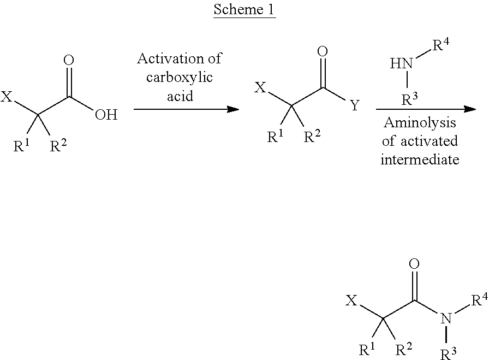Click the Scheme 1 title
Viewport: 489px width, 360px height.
tap(244, 10)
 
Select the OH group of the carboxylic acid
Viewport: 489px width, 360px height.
tap(106, 115)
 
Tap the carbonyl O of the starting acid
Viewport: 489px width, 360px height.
tap(69, 61)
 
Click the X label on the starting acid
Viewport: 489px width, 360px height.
tap(7, 98)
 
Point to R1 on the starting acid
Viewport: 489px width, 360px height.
tap(22, 146)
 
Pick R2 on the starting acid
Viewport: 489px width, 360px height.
tap(58, 146)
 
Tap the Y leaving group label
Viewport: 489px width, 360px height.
tap(355, 105)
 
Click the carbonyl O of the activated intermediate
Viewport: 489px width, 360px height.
tap(323, 52)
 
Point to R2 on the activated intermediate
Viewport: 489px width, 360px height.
tap(312, 137)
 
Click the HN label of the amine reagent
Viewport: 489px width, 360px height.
tap(401, 64)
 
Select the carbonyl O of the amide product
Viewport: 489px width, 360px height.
tap(414, 265)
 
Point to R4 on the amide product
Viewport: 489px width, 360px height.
tap(479, 299)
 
